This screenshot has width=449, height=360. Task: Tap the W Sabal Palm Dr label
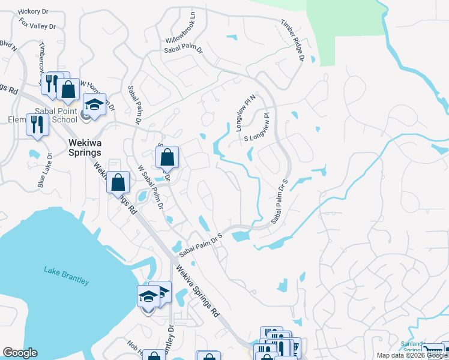point(151,186)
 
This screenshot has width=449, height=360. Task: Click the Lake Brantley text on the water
point(66,277)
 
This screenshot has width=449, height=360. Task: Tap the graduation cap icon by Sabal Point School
point(94,104)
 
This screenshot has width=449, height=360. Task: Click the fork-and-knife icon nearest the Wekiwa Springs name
point(37,124)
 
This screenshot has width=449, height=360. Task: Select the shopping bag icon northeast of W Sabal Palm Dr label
point(168,157)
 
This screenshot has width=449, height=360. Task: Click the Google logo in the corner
point(20,353)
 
